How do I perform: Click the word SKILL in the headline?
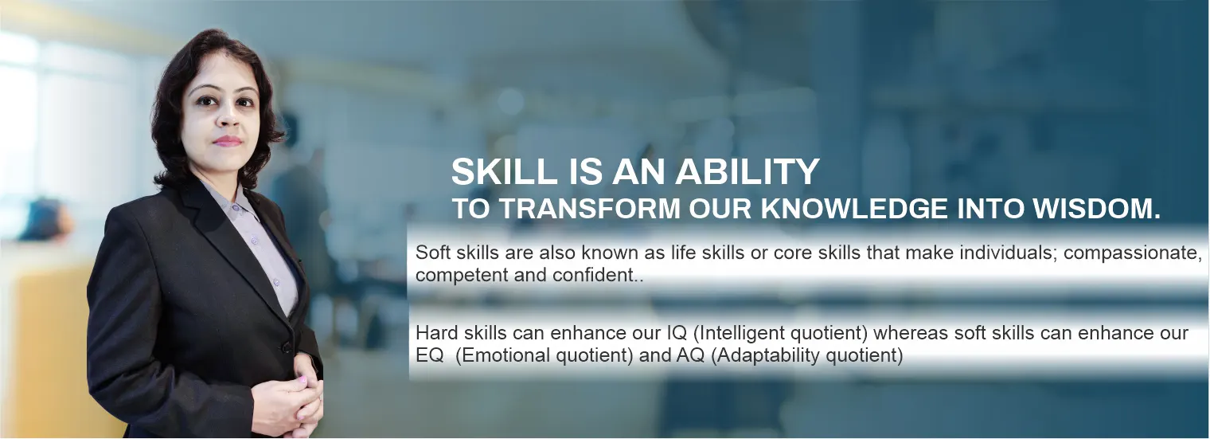click(503, 171)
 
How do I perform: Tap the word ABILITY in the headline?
click(747, 171)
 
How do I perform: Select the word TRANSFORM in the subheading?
click(589, 209)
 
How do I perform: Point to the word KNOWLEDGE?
click(854, 209)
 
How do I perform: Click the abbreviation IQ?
click(673, 333)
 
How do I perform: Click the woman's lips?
click(228, 141)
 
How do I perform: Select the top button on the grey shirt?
click(235, 208)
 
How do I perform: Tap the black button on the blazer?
click(286, 347)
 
